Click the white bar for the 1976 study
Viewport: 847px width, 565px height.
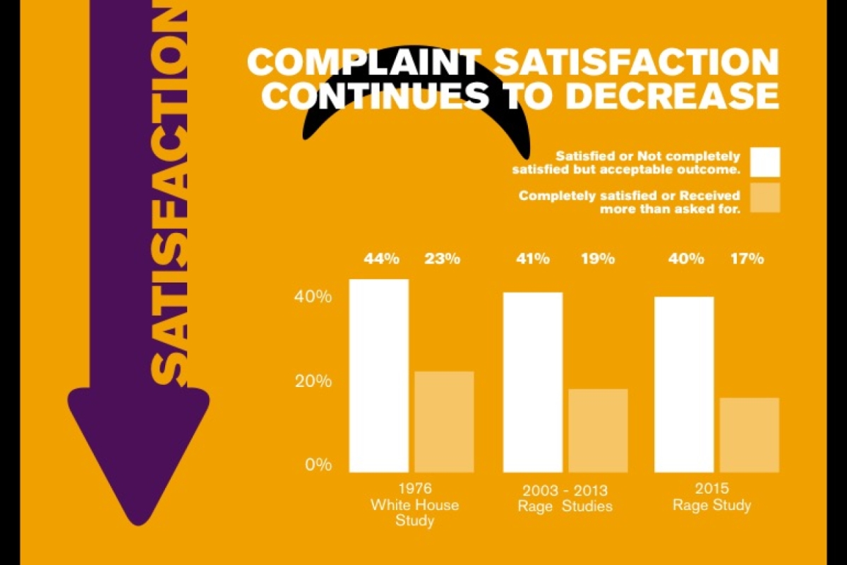click(379, 376)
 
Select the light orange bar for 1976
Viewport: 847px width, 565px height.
click(444, 422)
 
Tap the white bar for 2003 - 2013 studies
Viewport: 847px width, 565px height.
click(533, 382)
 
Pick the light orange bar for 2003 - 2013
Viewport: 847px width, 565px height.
click(598, 430)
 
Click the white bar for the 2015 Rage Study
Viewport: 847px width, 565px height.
click(685, 384)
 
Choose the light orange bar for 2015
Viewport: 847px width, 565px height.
click(750, 434)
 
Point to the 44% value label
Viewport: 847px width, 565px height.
click(382, 259)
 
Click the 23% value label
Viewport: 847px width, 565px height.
click(443, 259)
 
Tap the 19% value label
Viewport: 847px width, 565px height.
click(598, 259)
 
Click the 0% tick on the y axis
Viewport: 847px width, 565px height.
click(318, 465)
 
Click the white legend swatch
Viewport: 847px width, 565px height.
click(765, 162)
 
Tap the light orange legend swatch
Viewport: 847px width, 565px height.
click(765, 198)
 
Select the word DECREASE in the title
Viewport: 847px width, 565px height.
click(671, 97)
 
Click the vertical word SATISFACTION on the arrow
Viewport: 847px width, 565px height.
click(169, 191)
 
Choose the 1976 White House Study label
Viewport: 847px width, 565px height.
click(415, 505)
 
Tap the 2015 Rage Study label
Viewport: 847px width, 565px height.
click(711, 497)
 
